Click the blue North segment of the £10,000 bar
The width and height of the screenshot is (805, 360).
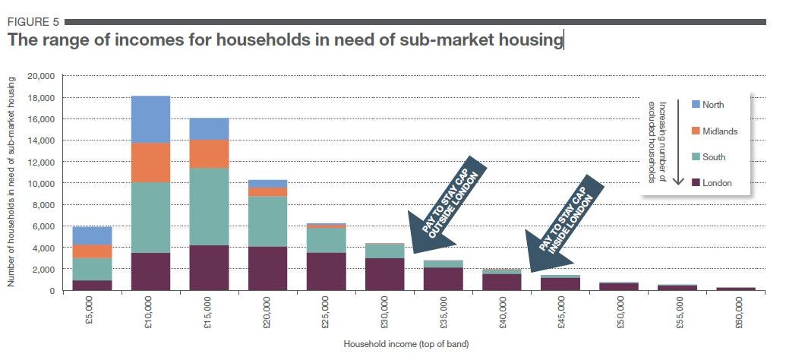point(150,119)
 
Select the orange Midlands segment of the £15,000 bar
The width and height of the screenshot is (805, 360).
point(209,153)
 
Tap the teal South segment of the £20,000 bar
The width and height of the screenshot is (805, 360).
point(267,221)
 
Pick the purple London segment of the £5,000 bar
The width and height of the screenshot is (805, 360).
point(92,285)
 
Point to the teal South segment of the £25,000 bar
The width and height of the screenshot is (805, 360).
point(326,240)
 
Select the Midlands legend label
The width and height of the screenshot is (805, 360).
point(720,131)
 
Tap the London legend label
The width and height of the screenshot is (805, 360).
point(717,183)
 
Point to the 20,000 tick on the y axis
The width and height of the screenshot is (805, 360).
point(41,76)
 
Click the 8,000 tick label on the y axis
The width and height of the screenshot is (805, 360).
point(43,205)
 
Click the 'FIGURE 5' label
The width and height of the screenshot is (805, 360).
point(33,21)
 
